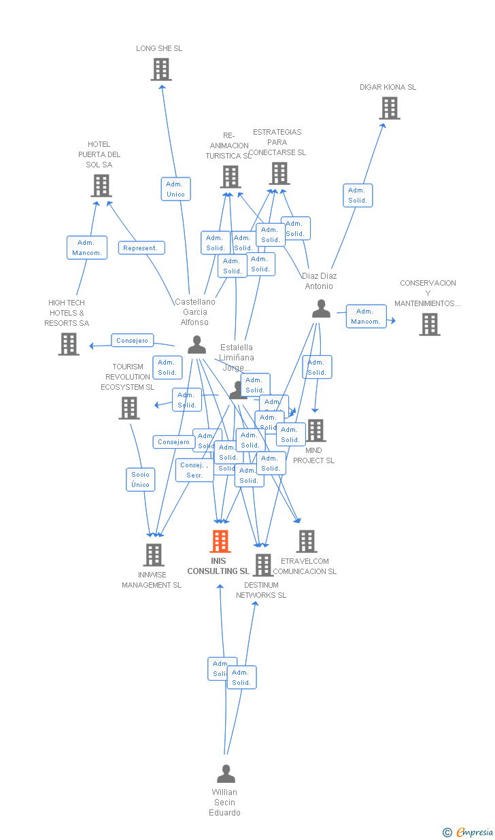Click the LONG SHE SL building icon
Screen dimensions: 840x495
coord(161,69)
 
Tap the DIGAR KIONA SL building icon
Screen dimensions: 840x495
coord(389,108)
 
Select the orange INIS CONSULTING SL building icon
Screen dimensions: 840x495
coord(220,541)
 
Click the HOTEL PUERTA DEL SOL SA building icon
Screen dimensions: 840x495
coord(101,186)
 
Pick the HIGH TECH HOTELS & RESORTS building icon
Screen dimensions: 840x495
coord(69,344)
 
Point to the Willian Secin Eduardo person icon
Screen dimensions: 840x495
coord(226,774)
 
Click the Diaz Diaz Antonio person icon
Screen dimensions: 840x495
coord(321,309)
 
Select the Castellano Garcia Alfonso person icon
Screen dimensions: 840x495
coord(197,345)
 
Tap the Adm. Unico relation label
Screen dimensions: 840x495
coord(175,189)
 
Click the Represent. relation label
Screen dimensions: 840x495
coord(141,248)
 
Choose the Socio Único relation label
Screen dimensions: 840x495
coord(141,480)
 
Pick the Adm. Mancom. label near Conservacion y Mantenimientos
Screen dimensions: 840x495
coord(366,316)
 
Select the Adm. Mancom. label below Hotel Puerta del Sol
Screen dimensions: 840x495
coord(87,248)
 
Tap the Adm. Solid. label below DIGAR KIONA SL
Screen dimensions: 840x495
coord(358,195)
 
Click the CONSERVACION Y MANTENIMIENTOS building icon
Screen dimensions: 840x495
coord(430,324)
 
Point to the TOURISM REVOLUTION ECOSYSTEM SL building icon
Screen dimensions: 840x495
coord(129,408)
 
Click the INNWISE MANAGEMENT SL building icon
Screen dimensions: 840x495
coord(154,555)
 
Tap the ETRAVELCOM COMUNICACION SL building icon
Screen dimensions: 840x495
coord(307,541)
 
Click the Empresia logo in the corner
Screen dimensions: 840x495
coord(469,832)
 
